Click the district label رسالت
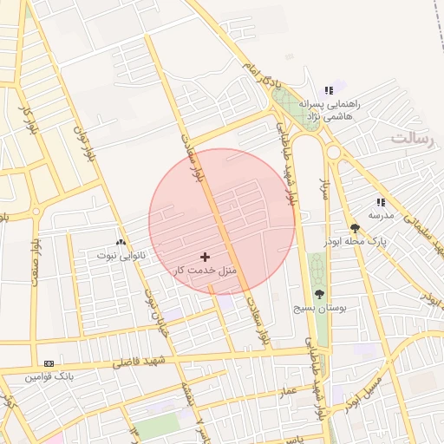pyautogui.click(x=415, y=139)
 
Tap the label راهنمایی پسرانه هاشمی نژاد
pyautogui.click(x=328, y=108)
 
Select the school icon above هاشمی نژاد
pyautogui.click(x=328, y=90)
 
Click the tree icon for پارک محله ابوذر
pyautogui.click(x=355, y=229)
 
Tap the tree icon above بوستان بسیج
pyautogui.click(x=319, y=295)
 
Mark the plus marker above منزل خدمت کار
pyautogui.click(x=205, y=257)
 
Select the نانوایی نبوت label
pyautogui.click(x=121, y=256)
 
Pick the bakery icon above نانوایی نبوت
pyautogui.click(x=121, y=243)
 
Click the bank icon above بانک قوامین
pyautogui.click(x=49, y=363)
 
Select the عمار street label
pyautogui.click(x=288, y=391)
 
